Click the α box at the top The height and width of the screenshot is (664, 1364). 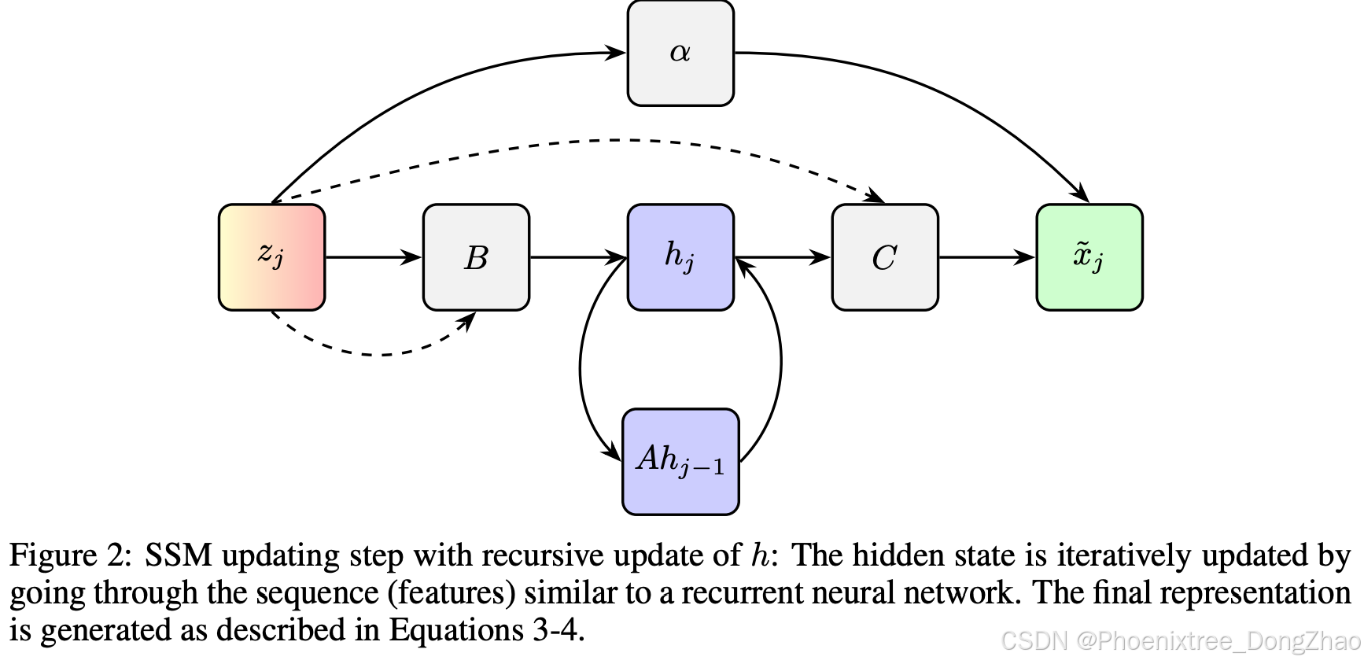680,53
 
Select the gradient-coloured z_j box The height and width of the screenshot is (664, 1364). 271,257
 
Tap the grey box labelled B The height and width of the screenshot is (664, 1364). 476,257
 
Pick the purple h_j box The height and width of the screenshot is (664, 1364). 680,257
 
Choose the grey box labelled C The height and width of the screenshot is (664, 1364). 885,257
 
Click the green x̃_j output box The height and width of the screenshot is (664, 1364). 1089,257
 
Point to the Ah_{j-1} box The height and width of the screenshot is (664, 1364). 680,462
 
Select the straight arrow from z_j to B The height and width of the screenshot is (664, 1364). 373,257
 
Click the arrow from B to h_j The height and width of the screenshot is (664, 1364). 577,257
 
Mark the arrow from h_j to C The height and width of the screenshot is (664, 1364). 782,257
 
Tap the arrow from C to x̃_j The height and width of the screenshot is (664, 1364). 986,257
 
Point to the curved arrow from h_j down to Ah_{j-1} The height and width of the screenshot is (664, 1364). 581,362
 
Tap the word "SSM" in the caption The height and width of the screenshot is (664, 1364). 178,555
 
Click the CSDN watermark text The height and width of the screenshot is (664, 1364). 1180,641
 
